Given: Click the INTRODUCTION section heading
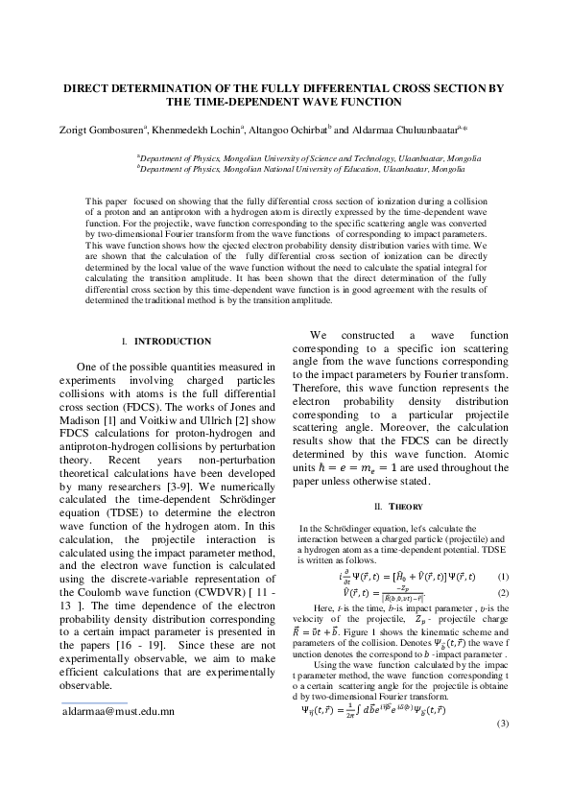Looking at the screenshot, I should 172,341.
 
